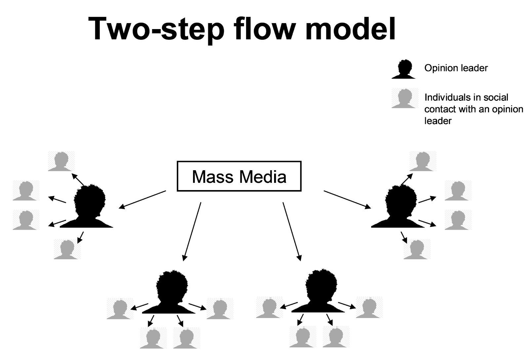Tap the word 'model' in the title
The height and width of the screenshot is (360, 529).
350,29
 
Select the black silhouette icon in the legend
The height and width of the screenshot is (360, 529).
404,69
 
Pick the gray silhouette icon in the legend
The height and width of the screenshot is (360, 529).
405,98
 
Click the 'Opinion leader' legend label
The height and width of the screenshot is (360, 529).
456,68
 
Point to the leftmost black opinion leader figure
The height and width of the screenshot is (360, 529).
87,206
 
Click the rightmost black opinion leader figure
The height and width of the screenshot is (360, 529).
398,206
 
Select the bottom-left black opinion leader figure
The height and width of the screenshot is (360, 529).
169,292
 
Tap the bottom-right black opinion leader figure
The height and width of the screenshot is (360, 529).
318,291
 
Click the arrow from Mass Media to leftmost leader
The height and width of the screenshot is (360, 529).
142,200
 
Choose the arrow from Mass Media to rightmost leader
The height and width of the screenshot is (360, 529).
347,200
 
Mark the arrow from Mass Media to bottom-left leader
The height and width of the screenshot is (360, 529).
192,232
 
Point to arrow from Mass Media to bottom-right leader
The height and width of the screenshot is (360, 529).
292,232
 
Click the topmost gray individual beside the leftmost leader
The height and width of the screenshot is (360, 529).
61,161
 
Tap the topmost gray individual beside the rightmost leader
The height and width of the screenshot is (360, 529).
423,161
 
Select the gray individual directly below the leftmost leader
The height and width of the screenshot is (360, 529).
67,249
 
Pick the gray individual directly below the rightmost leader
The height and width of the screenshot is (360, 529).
417,249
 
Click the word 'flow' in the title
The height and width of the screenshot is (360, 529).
264,29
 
